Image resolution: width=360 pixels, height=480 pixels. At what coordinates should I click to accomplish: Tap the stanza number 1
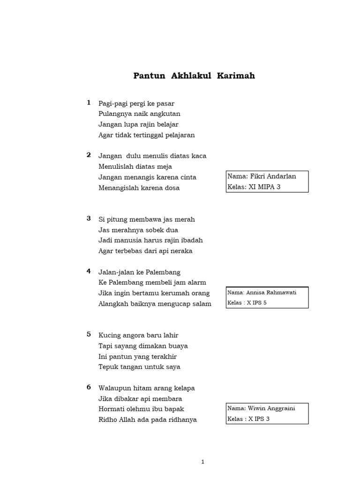point(89,103)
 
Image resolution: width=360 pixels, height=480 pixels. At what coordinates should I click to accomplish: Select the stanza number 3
point(89,218)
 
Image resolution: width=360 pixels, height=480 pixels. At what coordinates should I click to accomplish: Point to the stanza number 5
point(89,334)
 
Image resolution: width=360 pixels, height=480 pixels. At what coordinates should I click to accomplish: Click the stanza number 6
point(89,387)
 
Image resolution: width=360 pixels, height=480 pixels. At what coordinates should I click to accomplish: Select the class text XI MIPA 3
point(269,187)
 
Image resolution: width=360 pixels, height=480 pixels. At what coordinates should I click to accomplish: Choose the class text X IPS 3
point(259,419)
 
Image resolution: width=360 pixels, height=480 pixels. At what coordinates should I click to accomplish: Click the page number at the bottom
point(202,462)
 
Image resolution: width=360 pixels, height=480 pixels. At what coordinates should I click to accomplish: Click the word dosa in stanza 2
point(171,188)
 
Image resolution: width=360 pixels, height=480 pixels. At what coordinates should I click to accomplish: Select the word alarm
point(197,283)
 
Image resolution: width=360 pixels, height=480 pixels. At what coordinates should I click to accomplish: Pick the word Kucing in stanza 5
point(108,335)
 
